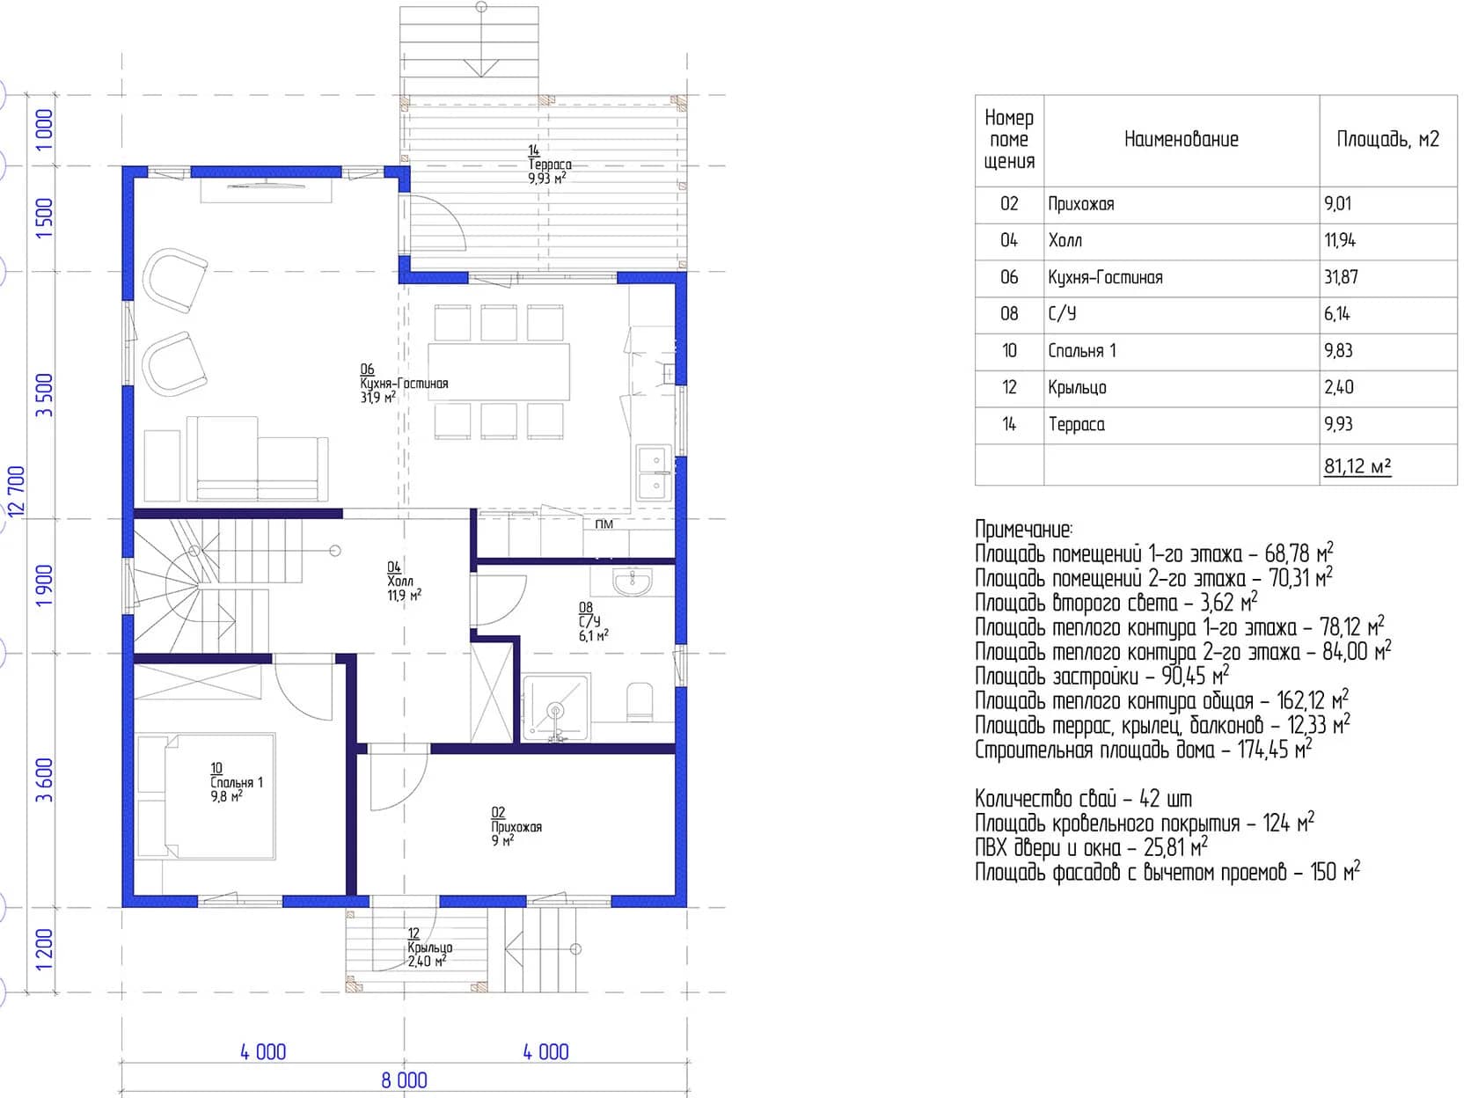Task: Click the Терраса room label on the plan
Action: point(550,164)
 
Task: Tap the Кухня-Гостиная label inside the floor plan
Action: point(404,384)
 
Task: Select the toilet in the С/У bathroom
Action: point(640,701)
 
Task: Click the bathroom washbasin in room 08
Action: point(632,582)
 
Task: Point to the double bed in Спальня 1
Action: point(206,797)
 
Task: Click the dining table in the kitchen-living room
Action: point(499,371)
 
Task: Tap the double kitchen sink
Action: point(655,472)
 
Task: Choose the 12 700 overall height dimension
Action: point(17,491)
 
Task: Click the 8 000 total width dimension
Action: point(404,1080)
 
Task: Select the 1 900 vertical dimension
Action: point(43,586)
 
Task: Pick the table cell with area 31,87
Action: point(1341,276)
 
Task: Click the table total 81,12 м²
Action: point(1357,466)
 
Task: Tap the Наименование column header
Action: point(1181,139)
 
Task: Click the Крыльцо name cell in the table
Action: point(1077,387)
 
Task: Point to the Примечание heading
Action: point(1023,530)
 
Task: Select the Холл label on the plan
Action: point(399,581)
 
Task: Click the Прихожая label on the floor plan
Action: point(516,827)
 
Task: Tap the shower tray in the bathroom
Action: point(556,707)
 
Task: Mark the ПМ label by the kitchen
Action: point(604,524)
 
